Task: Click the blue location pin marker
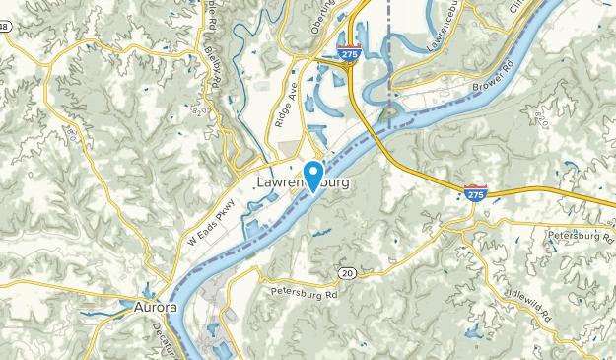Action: pyautogui.click(x=314, y=175)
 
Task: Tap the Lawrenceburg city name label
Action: pyautogui.click(x=302, y=184)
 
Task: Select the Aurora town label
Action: pyautogui.click(x=155, y=307)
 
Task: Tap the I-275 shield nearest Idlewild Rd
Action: pyautogui.click(x=475, y=193)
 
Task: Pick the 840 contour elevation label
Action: pyautogui.click(x=538, y=118)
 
